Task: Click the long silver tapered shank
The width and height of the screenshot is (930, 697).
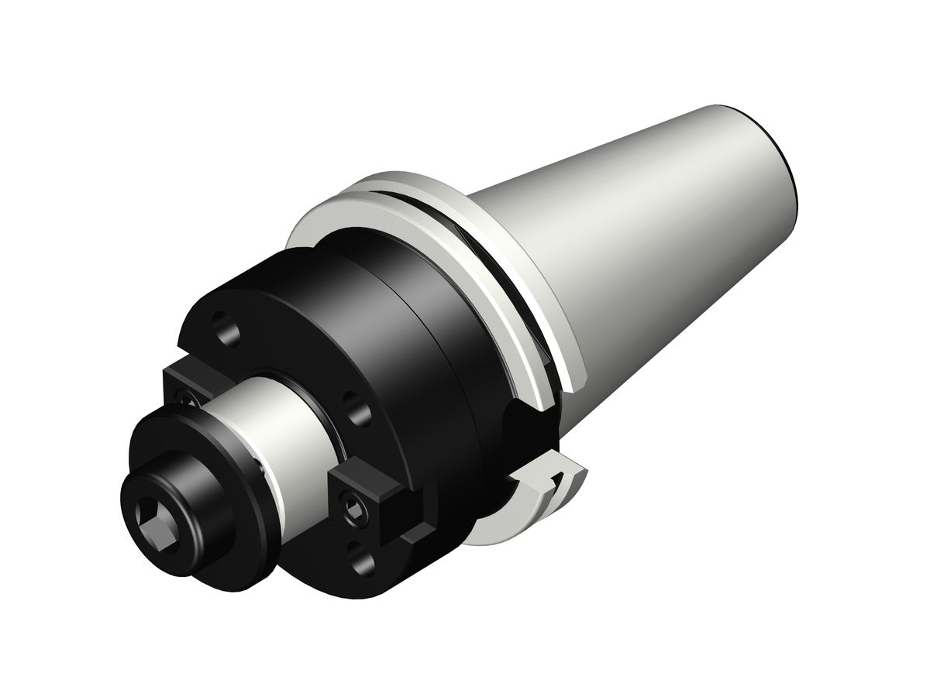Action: click(x=659, y=232)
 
